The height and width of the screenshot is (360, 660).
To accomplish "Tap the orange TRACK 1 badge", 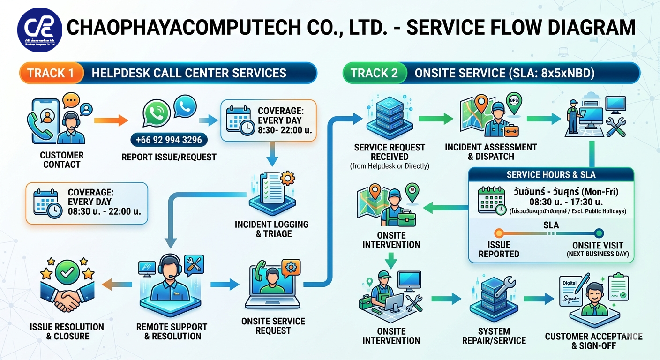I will tap(51, 73).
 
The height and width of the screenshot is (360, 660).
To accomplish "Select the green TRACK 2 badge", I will tap(374, 73).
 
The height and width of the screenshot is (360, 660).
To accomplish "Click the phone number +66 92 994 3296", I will tap(169, 140).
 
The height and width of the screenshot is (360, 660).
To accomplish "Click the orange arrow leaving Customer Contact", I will tap(111, 121).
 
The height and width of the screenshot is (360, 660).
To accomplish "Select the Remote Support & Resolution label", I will tap(172, 331).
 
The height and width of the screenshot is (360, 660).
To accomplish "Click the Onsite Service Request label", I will tap(273, 326).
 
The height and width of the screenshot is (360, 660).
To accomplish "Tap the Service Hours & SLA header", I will tap(551, 175).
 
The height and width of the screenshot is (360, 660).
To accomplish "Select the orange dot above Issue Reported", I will tap(499, 233).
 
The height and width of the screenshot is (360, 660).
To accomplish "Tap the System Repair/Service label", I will tap(494, 336).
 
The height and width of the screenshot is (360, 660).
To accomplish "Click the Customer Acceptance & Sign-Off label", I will tap(593, 341).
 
